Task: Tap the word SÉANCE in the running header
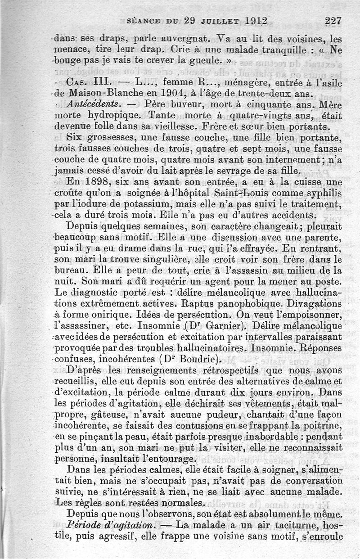[x=144, y=21]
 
